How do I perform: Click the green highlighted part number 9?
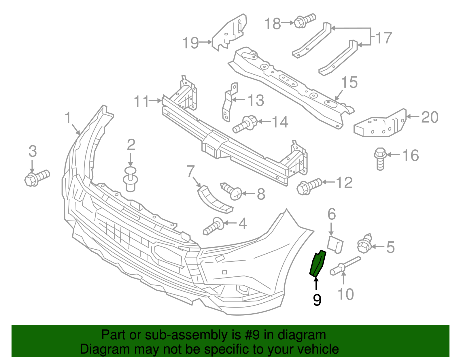(317, 263)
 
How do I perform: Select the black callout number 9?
(317, 300)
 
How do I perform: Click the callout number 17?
(384, 38)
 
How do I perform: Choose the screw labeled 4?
(214, 227)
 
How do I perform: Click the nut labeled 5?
(365, 244)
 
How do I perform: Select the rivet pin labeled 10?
(344, 265)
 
